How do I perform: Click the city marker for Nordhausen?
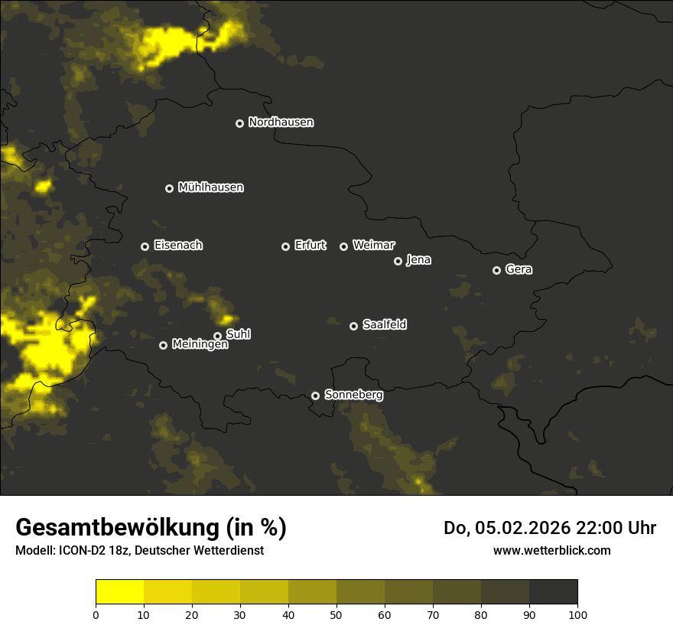239,123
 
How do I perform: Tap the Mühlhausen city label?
210,187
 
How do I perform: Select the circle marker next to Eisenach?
145,246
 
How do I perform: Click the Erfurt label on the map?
310,246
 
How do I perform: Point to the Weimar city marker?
343,246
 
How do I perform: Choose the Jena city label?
418,260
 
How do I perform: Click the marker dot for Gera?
496,270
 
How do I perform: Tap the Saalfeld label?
384,325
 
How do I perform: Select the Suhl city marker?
217,336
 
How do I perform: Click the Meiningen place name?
200,345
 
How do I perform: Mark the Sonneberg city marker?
315,396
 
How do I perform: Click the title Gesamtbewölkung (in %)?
151,528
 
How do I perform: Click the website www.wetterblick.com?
551,550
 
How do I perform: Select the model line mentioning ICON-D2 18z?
139,551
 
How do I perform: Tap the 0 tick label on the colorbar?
96,614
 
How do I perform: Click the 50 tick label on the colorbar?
336,614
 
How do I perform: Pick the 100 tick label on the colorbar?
577,614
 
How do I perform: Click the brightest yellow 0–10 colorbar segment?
119,592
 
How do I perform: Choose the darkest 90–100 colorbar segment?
553,592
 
